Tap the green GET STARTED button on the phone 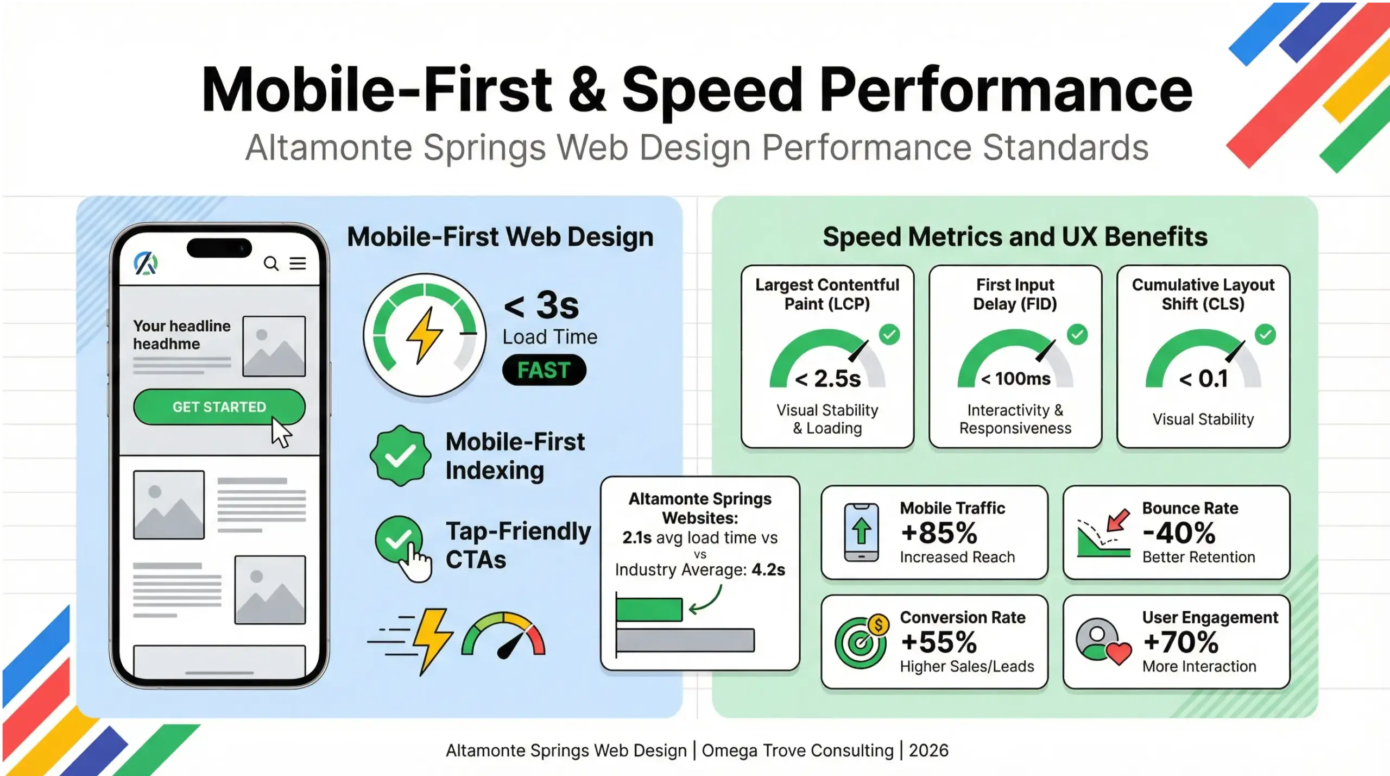click(x=219, y=407)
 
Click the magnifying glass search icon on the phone click(x=271, y=264)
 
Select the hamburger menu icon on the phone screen click(x=298, y=264)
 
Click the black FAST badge click(x=544, y=370)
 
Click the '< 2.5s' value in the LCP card click(x=827, y=379)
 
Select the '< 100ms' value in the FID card click(x=1015, y=379)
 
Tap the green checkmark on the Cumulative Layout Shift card click(x=1265, y=334)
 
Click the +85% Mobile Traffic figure click(x=939, y=533)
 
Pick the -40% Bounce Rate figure click(x=1179, y=533)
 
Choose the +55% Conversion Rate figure click(x=939, y=642)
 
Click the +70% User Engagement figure click(x=1181, y=642)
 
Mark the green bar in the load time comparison click(x=649, y=609)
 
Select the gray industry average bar click(x=685, y=640)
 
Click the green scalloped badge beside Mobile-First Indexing click(x=401, y=455)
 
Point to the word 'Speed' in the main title click(x=712, y=90)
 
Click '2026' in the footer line click(x=928, y=750)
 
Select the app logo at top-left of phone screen click(x=146, y=264)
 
